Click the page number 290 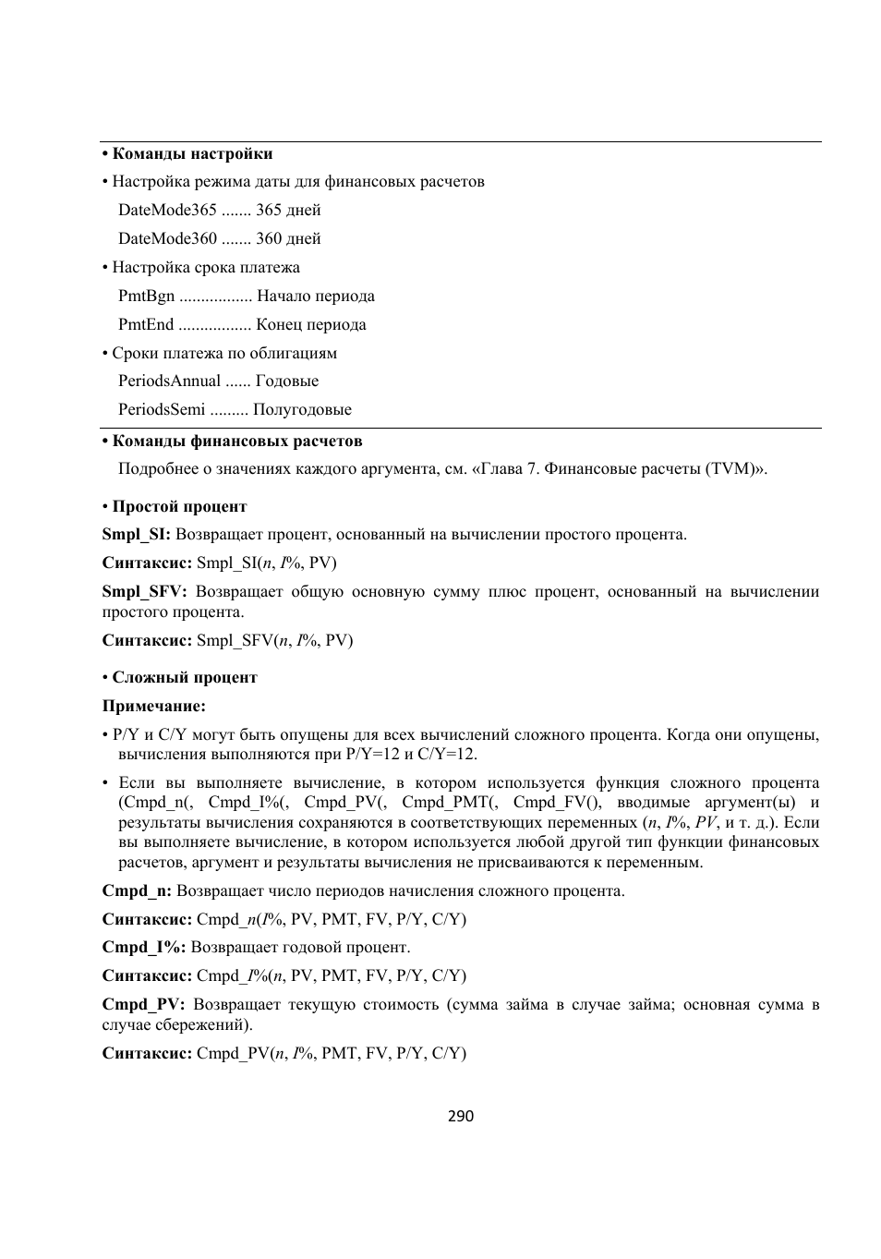click(460, 1116)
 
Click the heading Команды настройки click(192, 153)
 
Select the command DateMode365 click(167, 210)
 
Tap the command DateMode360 click(167, 238)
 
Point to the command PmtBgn click(146, 296)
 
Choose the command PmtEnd click(146, 324)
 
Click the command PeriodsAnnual click(169, 381)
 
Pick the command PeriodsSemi click(162, 409)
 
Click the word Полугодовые click(302, 409)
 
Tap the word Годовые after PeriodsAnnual click(287, 381)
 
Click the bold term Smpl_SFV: click(144, 591)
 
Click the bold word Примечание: click(153, 706)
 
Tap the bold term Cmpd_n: click(137, 890)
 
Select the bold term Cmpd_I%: click(144, 947)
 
